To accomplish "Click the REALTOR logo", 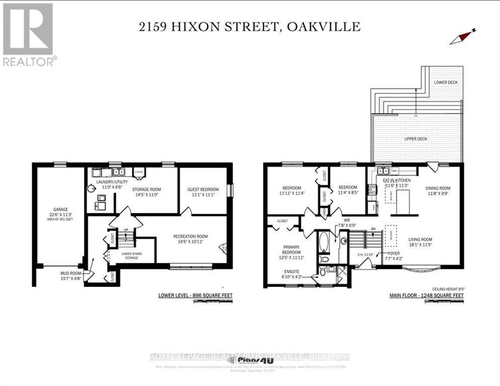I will pyautogui.click(x=28, y=35).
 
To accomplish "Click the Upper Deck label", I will pyautogui.click(x=416, y=138).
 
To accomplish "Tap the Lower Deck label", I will pyautogui.click(x=445, y=82).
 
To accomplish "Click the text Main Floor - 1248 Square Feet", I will pyautogui.click(x=427, y=296).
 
